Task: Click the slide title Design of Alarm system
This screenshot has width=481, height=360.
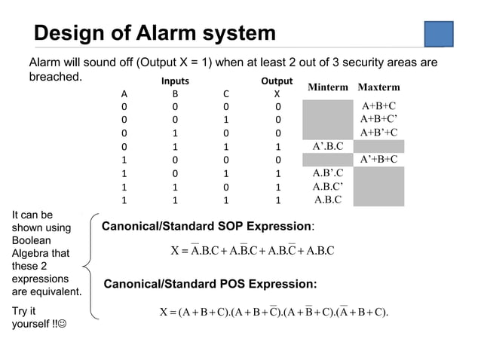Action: click(x=155, y=34)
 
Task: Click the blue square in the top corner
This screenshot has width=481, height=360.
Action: click(x=438, y=34)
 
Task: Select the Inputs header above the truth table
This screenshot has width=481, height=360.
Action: click(x=175, y=81)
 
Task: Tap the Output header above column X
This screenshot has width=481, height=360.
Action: click(x=276, y=81)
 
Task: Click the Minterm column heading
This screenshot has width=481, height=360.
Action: click(x=327, y=87)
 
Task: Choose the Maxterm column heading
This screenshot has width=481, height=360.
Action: click(x=378, y=87)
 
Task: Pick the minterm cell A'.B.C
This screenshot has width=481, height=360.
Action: click(x=327, y=146)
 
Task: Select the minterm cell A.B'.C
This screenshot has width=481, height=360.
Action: click(x=327, y=173)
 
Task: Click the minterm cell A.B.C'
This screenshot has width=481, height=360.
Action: click(x=327, y=187)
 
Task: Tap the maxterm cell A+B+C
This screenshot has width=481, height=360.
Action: click(x=378, y=106)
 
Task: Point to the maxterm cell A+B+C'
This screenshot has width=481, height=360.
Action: click(x=378, y=119)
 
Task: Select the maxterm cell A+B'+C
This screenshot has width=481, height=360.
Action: click(x=378, y=133)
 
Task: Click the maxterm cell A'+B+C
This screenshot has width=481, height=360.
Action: click(x=378, y=160)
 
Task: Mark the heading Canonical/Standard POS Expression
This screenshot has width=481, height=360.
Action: click(x=210, y=285)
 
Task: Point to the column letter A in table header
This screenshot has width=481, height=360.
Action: click(x=124, y=95)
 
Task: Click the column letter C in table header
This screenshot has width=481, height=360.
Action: click(x=225, y=95)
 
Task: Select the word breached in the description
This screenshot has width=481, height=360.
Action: click(x=54, y=77)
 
